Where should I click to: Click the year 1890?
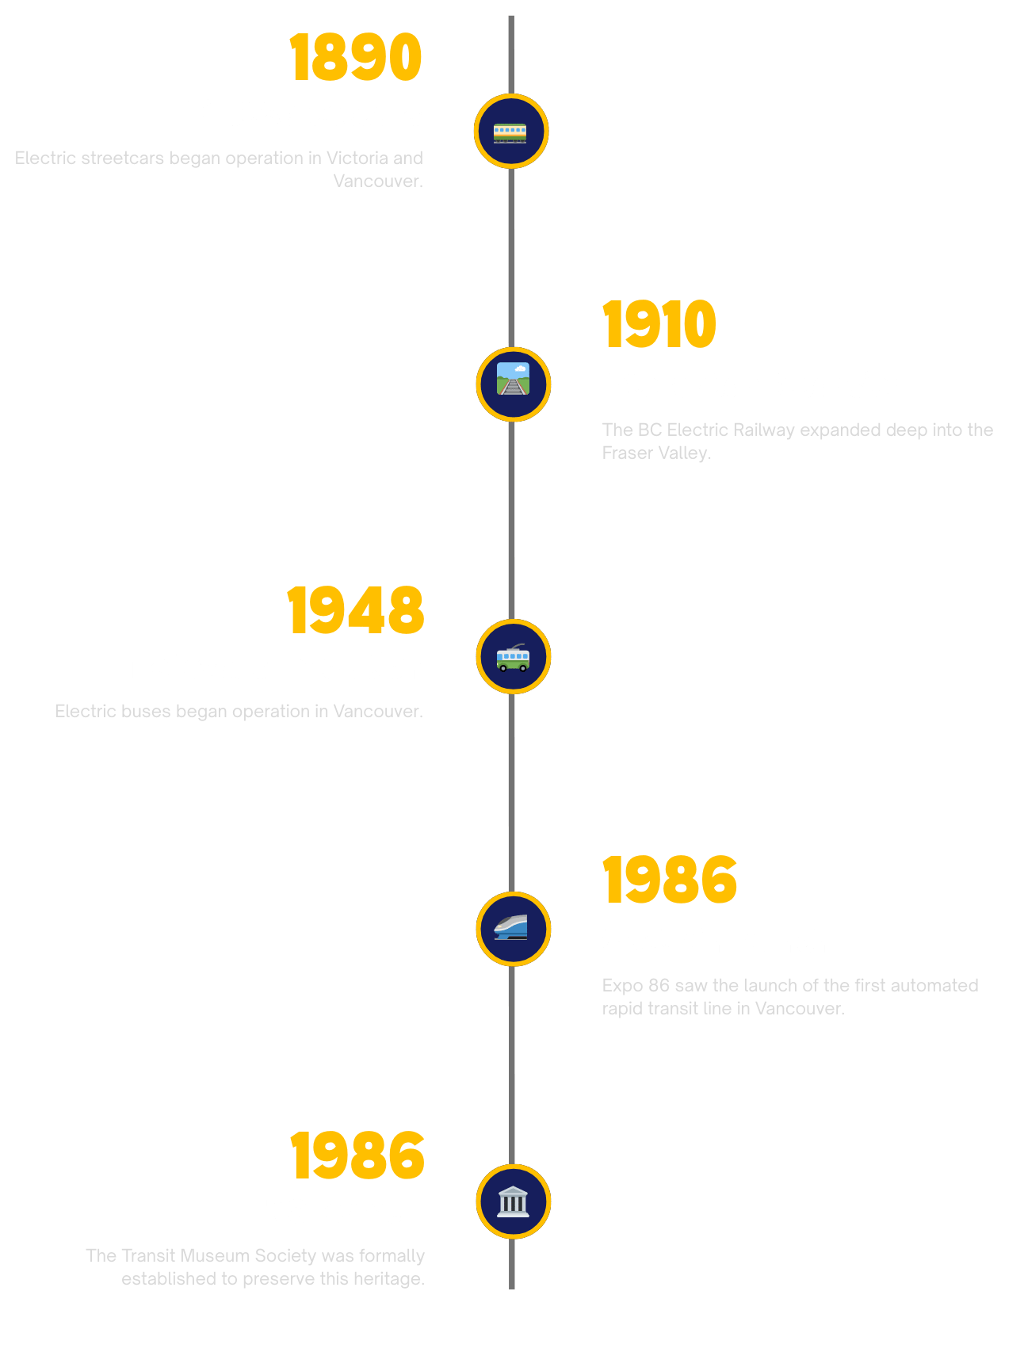click(356, 57)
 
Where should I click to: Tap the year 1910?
click(659, 324)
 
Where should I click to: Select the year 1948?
click(356, 610)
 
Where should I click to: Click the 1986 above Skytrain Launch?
click(670, 880)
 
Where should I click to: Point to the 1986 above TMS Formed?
click(357, 1155)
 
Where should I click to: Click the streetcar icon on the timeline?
click(510, 132)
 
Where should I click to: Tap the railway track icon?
click(513, 384)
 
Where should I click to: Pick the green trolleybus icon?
click(513, 657)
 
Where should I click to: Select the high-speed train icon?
click(513, 929)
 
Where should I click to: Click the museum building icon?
click(513, 1201)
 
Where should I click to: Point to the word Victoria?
click(357, 158)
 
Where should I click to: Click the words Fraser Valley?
click(655, 453)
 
